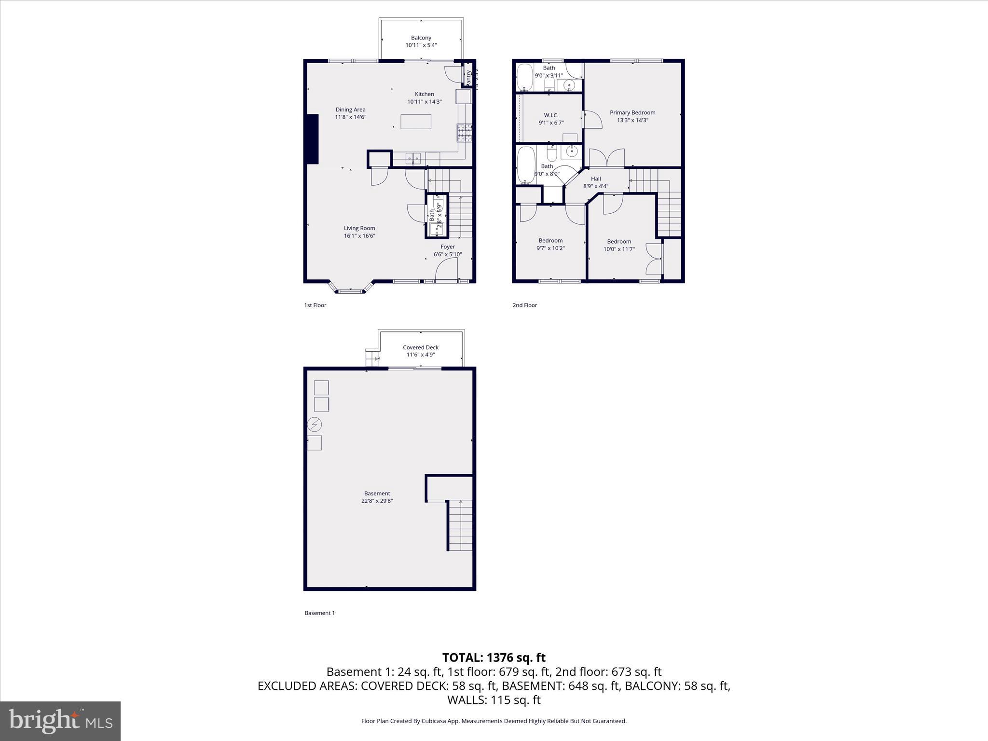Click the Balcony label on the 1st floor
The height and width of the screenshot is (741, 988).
pyautogui.click(x=421, y=38)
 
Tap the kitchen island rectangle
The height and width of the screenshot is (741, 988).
pyautogui.click(x=416, y=121)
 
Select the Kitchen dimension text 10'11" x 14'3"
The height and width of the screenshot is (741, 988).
pyautogui.click(x=424, y=102)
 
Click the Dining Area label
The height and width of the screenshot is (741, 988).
pyautogui.click(x=350, y=110)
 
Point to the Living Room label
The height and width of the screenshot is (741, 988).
pyautogui.click(x=359, y=228)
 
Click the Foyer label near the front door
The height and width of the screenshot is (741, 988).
pyautogui.click(x=447, y=247)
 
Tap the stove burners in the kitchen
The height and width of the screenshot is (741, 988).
pyautogui.click(x=464, y=133)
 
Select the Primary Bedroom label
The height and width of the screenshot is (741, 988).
pyautogui.click(x=632, y=112)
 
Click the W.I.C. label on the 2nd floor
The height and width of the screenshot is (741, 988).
pyautogui.click(x=551, y=115)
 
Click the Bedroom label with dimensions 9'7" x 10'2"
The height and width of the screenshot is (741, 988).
pyautogui.click(x=550, y=240)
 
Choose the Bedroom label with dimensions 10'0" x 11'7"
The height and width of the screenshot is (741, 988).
pyautogui.click(x=618, y=241)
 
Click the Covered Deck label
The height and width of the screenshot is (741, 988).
pyautogui.click(x=420, y=347)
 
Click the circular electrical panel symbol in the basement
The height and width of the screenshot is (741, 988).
pyautogui.click(x=314, y=425)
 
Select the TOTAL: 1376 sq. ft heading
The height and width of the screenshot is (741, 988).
pyautogui.click(x=494, y=658)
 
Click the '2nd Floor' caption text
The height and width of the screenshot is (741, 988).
pyautogui.click(x=524, y=305)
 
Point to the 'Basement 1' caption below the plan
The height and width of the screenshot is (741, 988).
pyautogui.click(x=319, y=613)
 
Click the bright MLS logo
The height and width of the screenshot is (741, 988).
pyautogui.click(x=60, y=721)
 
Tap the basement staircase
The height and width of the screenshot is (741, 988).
pyautogui.click(x=460, y=525)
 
